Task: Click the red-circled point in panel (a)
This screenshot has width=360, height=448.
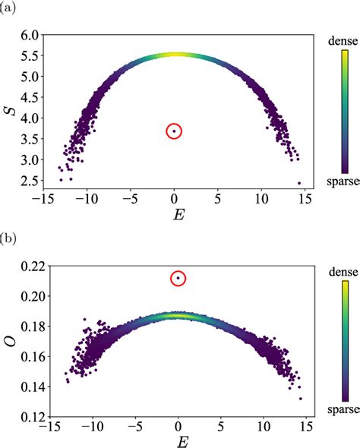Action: click(x=174, y=131)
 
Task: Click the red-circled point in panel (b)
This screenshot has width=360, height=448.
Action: click(x=178, y=279)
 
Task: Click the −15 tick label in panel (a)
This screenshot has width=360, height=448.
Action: click(x=48, y=200)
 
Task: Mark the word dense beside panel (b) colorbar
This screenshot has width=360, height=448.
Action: click(x=343, y=270)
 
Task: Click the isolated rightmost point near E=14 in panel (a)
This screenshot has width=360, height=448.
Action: click(x=299, y=183)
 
